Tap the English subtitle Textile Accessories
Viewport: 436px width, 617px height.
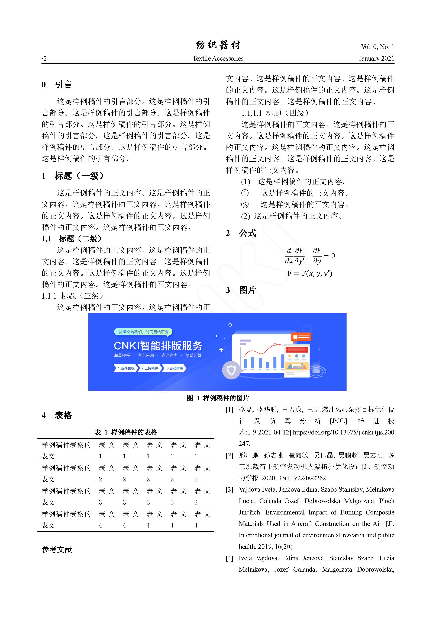(218, 59)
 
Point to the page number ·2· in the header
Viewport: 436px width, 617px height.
(45, 59)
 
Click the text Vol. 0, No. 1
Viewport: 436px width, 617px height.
(377, 47)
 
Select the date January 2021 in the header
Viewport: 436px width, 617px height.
(376, 59)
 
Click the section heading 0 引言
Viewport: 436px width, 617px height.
(57, 85)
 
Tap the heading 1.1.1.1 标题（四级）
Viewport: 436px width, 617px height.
(275, 113)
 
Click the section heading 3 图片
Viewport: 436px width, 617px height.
(241, 290)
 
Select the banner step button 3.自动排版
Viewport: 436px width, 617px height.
(175, 368)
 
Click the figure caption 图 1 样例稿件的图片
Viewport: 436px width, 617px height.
(218, 398)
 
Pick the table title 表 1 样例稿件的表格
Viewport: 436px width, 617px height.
(126, 432)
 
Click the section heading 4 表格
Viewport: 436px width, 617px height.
(57, 415)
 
